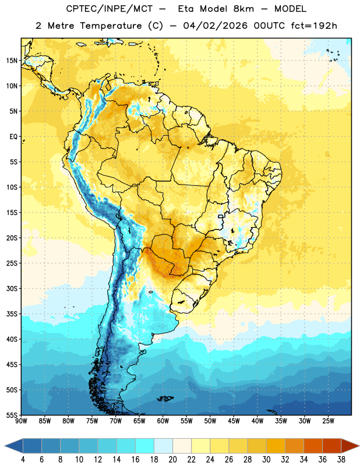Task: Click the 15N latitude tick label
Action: (x=12, y=61)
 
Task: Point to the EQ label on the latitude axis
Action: (x=13, y=137)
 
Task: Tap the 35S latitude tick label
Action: (x=12, y=314)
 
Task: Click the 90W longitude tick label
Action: (x=21, y=421)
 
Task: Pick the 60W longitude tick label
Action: (x=163, y=421)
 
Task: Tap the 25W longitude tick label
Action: (x=328, y=421)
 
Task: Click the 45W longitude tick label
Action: (x=234, y=421)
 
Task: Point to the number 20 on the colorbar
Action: (x=172, y=460)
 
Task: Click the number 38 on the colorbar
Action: (x=341, y=460)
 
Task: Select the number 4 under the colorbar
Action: (x=23, y=460)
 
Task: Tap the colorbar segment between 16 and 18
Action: (x=145, y=446)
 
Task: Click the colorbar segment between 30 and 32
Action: (x=276, y=446)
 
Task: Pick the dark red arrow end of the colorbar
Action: (x=350, y=446)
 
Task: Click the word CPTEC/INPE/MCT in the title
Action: (x=110, y=9)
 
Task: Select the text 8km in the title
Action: (x=243, y=9)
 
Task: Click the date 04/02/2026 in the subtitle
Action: (x=215, y=26)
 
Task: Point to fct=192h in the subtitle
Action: (x=314, y=26)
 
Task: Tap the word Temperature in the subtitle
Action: (x=111, y=26)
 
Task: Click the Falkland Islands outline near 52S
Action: (x=165, y=398)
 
